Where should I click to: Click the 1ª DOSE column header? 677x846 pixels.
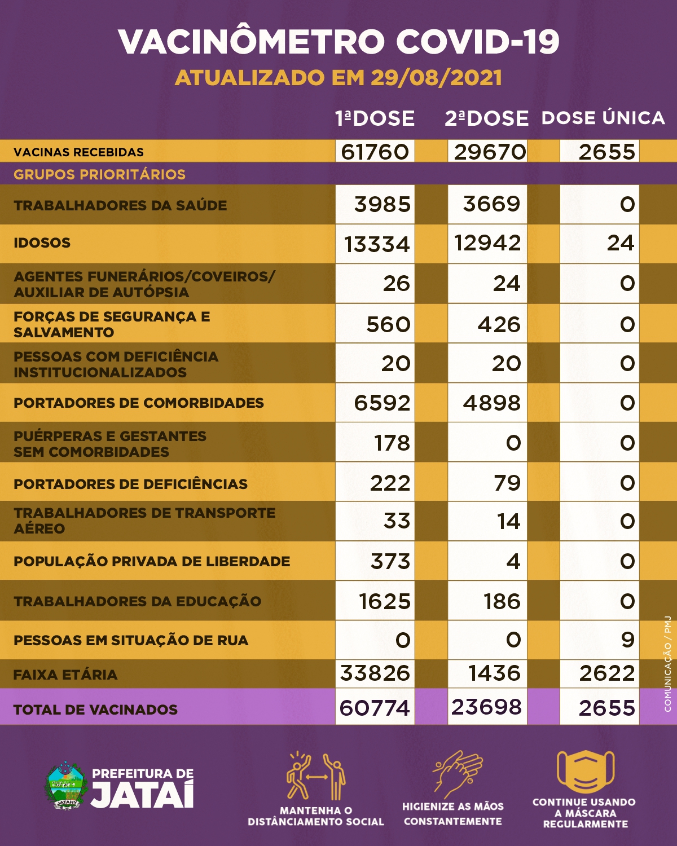375,118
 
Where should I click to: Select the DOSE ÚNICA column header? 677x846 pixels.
603,118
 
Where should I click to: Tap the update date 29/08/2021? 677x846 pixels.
436,78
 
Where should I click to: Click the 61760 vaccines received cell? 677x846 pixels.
375,152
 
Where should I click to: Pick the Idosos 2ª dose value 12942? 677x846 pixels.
487,243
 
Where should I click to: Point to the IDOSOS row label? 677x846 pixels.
42,243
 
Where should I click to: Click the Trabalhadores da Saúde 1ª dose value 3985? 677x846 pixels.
383,204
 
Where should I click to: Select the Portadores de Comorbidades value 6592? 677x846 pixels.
382,403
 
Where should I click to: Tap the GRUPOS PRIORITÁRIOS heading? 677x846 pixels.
99,174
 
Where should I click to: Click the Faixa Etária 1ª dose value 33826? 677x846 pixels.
375,673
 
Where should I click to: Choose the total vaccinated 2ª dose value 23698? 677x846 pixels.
487,707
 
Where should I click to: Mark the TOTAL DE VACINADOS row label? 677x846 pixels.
95,710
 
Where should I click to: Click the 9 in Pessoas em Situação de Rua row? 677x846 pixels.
627,640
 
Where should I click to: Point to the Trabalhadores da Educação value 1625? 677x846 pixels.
385,601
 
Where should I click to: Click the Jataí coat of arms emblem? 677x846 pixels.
65,786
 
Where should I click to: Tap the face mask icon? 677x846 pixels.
585,771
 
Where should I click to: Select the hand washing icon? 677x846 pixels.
458,773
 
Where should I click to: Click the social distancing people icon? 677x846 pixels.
316,777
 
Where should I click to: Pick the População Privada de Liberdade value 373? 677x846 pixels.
390,561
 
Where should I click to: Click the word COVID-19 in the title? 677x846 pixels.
477,41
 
